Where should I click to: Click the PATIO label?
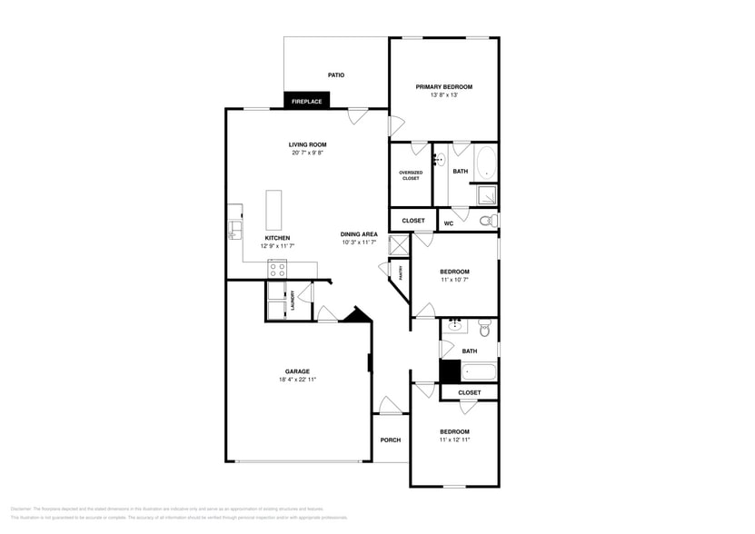[x=336, y=75]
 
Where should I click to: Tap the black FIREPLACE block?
[x=306, y=102]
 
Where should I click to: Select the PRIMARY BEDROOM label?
[x=443, y=87]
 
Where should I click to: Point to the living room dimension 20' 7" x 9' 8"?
[x=307, y=153]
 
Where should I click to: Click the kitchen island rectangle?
[x=273, y=210]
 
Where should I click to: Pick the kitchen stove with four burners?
[x=277, y=269]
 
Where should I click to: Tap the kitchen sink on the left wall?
[x=234, y=227]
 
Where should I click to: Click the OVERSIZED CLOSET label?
[x=411, y=174]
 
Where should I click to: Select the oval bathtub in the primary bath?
[x=486, y=163]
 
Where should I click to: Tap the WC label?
[x=449, y=223]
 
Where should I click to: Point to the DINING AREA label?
[x=359, y=234]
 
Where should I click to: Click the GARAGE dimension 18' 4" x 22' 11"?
[x=297, y=380]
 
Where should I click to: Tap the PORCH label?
[x=391, y=440]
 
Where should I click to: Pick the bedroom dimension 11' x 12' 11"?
[x=454, y=440]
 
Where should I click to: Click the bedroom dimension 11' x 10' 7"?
[x=454, y=280]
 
